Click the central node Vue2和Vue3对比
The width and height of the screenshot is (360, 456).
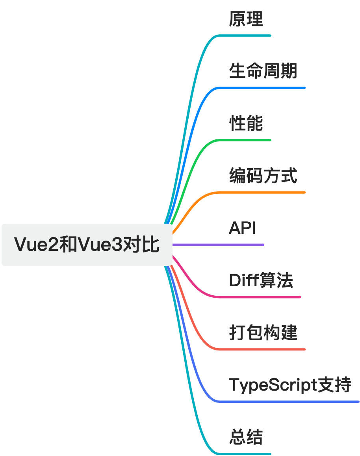pos(87,245)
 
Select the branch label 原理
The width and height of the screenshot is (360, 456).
pos(246,19)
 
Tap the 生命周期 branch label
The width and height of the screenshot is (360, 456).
pos(263,71)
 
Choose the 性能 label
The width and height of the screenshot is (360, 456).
pos(246,123)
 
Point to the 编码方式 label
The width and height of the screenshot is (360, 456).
pos(263,176)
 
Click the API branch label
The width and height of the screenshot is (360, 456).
pos(242,228)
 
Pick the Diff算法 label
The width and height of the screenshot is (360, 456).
pos(261,280)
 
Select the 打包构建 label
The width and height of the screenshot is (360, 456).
pos(263,332)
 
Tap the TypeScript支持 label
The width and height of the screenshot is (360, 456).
pos(290,385)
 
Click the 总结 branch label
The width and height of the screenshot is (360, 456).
pos(246,437)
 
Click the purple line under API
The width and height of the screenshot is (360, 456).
pos(218,245)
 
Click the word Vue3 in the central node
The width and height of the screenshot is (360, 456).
pos(100,245)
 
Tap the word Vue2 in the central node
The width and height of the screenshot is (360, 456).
pos(36,245)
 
